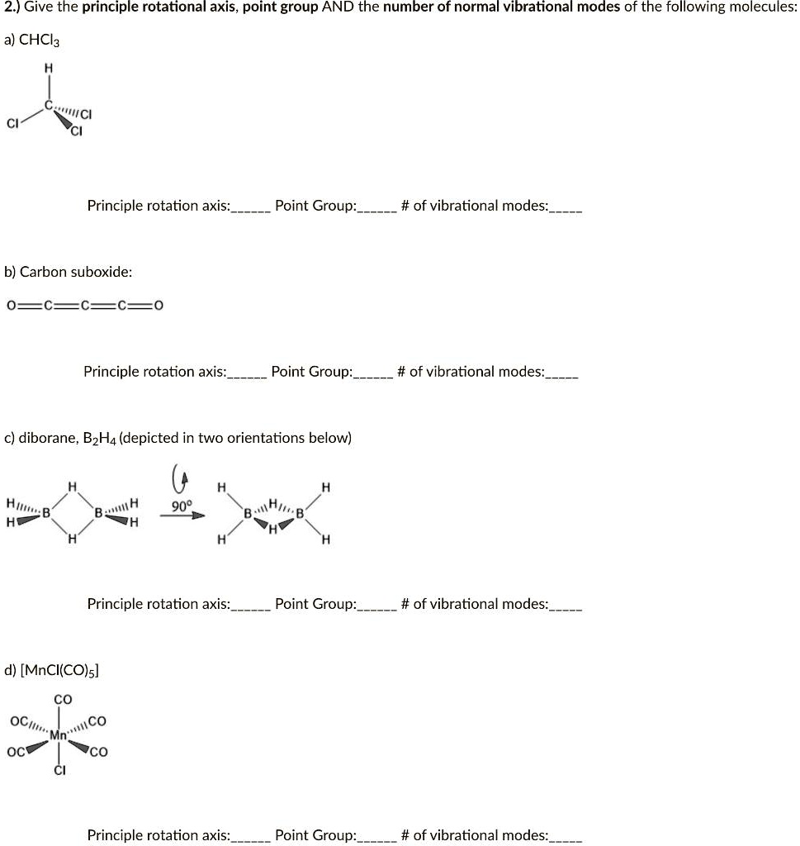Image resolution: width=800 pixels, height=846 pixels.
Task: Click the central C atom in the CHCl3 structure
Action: (49, 106)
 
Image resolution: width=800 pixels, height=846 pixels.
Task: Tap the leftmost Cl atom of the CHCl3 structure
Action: (12, 124)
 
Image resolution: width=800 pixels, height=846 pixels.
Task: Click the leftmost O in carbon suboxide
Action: (12, 306)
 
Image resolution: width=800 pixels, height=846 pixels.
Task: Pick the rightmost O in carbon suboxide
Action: (159, 306)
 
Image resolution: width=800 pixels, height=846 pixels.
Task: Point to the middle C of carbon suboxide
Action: (85, 306)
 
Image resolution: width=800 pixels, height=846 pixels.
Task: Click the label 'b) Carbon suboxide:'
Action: (69, 272)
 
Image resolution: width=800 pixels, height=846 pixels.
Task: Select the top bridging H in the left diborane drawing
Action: (73, 487)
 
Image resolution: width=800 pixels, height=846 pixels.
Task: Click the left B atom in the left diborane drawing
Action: (47, 512)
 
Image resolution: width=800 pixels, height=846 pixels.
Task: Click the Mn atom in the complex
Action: (59, 734)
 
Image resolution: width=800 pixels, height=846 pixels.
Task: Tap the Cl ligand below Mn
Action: (59, 771)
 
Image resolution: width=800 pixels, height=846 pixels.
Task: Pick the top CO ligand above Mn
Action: (63, 700)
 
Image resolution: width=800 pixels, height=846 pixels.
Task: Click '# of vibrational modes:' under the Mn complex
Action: (475, 835)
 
